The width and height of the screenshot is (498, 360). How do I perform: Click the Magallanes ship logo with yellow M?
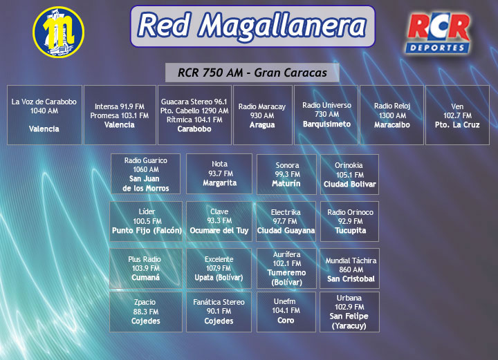tap(58, 32)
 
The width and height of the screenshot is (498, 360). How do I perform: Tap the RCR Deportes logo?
tap(438, 32)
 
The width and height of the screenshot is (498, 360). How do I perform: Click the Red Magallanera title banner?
tap(253, 26)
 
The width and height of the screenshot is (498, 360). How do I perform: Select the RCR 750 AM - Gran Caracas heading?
tap(252, 73)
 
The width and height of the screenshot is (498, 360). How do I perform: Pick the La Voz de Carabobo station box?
tap(44, 115)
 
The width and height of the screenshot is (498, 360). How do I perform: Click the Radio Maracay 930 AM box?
tap(263, 115)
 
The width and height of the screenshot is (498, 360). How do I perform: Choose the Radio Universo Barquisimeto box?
tap(326, 115)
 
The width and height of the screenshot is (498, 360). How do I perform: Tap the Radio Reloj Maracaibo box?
tap(392, 115)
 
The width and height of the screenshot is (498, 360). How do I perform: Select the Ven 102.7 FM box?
tap(457, 115)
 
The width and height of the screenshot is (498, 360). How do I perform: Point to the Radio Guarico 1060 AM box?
tap(145, 174)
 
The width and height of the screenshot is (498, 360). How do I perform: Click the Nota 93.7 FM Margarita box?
tap(219, 174)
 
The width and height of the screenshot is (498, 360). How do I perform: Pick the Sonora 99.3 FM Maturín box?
tap(286, 174)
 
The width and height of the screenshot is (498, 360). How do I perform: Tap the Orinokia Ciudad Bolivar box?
tap(350, 174)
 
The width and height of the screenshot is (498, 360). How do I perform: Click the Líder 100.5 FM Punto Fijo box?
tap(146, 221)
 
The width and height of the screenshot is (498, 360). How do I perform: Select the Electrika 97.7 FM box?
tap(286, 221)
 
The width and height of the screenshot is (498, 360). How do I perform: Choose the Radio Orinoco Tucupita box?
tap(350, 221)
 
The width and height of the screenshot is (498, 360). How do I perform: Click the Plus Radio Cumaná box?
tap(146, 268)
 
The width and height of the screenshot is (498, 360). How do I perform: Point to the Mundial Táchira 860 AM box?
tap(350, 268)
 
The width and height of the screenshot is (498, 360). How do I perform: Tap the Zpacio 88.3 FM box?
tap(146, 312)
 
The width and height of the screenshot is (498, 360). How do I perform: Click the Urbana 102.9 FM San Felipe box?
tap(350, 312)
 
